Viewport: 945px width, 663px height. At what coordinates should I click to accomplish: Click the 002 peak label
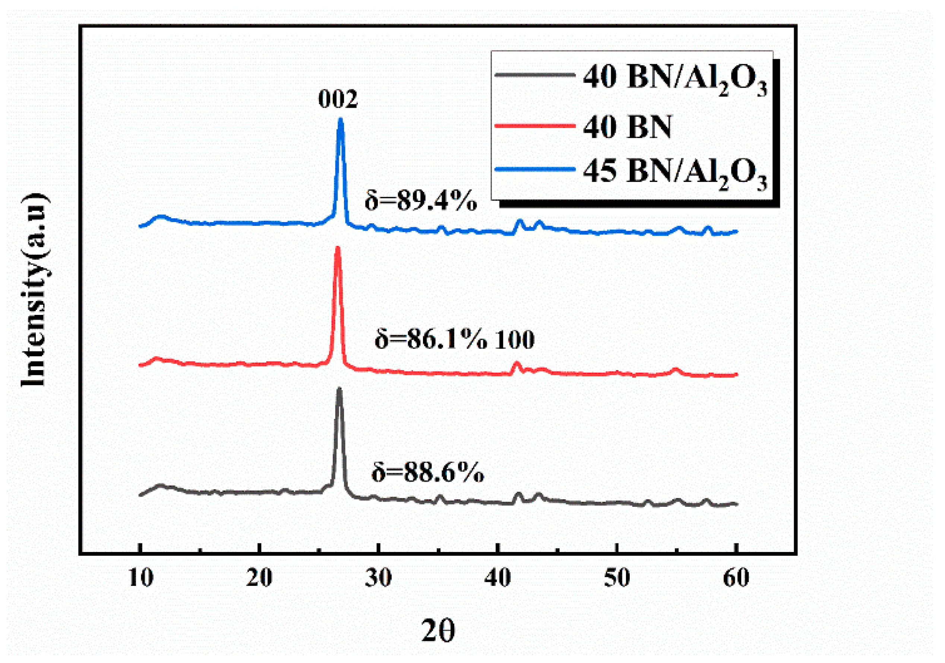[338, 99]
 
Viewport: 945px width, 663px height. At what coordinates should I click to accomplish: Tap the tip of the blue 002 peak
[340, 120]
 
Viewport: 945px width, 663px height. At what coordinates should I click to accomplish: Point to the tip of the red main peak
[338, 248]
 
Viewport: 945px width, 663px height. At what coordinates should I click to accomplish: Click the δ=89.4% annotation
[421, 201]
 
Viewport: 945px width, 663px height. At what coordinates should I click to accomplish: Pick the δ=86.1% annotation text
[430, 340]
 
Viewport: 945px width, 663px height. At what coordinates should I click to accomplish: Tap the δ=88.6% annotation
[428, 472]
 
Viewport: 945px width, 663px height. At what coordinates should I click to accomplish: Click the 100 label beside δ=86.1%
[515, 340]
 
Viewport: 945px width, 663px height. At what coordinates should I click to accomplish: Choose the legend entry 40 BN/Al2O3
[675, 78]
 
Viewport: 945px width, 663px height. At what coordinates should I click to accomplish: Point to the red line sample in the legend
[535, 125]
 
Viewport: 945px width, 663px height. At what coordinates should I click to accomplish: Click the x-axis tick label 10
[141, 577]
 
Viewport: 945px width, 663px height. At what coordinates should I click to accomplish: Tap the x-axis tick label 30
[378, 577]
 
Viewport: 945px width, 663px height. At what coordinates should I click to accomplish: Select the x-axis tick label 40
[497, 577]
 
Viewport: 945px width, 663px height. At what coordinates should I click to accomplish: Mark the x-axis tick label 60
[736, 577]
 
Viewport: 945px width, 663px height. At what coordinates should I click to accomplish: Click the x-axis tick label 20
[259, 577]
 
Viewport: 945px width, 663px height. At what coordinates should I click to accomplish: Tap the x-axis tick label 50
[617, 577]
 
